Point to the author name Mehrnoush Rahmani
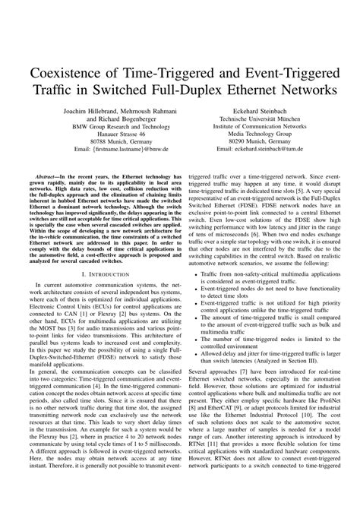click(147, 111)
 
